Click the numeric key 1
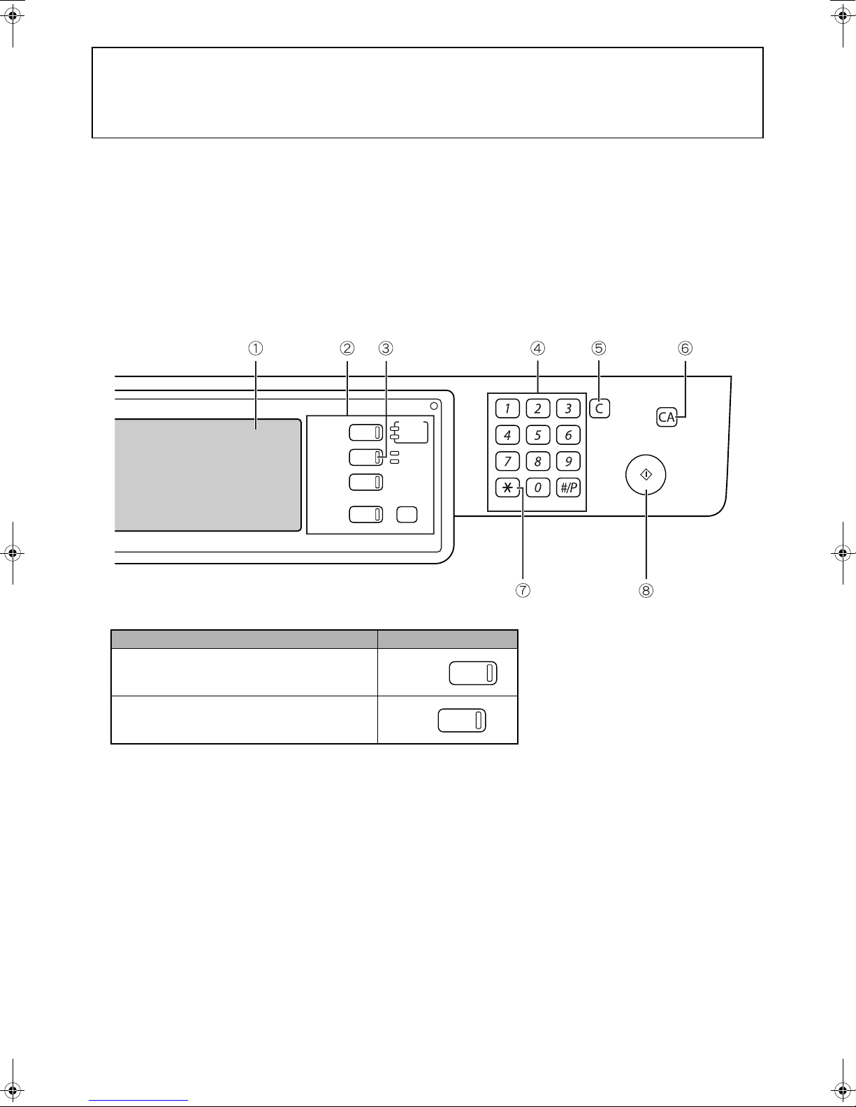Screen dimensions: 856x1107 point(507,409)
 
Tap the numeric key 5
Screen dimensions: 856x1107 point(537,435)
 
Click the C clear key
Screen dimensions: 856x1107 point(600,409)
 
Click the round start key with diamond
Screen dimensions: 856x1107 point(646,475)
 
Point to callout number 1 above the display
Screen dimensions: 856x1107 point(256,347)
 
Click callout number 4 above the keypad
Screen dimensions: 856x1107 point(537,347)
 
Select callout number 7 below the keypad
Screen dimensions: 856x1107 point(523,590)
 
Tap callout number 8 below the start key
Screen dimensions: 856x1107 point(646,590)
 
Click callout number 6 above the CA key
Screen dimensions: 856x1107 point(685,347)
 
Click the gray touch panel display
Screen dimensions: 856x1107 point(207,475)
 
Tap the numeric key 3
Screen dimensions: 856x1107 point(568,409)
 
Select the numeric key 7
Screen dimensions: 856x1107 point(507,462)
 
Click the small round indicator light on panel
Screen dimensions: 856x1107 point(434,406)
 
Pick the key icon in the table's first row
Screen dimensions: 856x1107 point(472,673)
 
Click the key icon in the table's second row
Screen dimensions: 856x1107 point(462,720)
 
